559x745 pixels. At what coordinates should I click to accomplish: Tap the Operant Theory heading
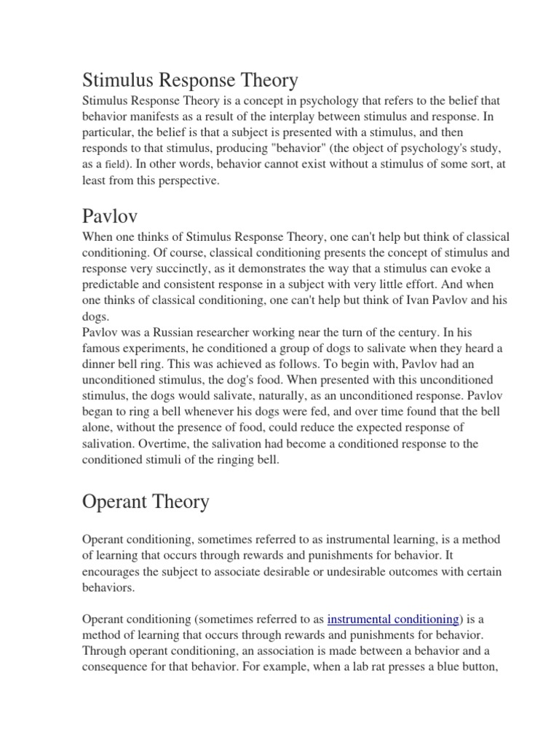tap(146, 501)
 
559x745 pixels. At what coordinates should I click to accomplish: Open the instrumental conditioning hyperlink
tap(393, 619)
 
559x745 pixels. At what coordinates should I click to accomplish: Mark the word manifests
tap(160, 116)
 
